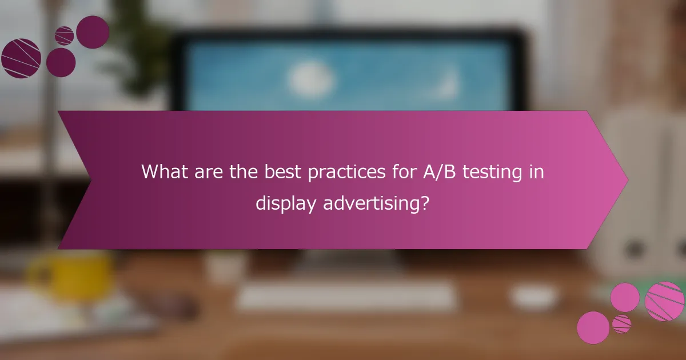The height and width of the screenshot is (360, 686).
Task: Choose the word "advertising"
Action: pyautogui.click(x=373, y=203)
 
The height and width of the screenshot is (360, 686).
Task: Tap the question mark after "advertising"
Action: pyautogui.click(x=424, y=202)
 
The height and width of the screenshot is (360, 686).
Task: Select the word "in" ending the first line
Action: pyautogui.click(x=537, y=171)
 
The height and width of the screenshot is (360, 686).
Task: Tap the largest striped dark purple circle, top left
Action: pyautogui.click(x=21, y=58)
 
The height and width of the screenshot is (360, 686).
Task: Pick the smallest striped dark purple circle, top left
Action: pyautogui.click(x=64, y=35)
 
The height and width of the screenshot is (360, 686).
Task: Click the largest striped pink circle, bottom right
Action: pyautogui.click(x=664, y=301)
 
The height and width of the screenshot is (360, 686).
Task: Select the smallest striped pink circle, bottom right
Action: pyautogui.click(x=621, y=324)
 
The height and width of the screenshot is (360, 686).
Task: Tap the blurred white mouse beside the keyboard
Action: pyautogui.click(x=534, y=297)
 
